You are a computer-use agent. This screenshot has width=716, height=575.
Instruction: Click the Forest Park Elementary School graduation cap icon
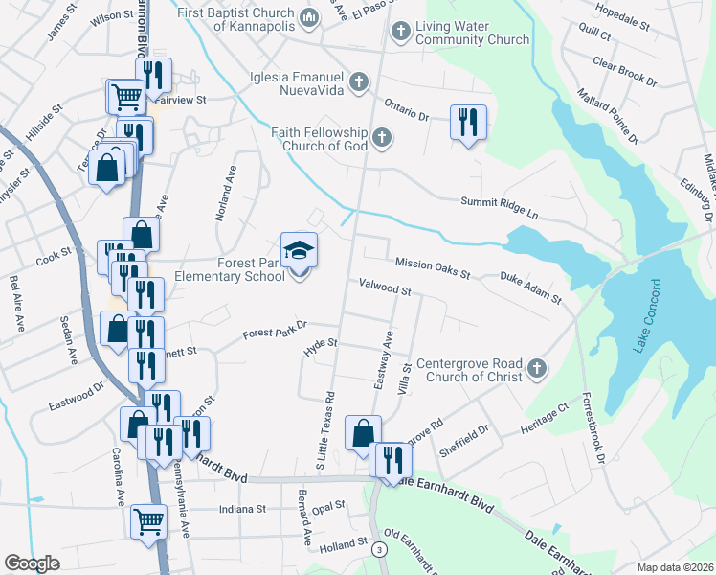point(299,251)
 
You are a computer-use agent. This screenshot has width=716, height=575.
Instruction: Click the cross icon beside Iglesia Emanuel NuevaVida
point(360,80)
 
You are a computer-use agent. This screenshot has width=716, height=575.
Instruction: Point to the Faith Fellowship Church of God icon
point(382,138)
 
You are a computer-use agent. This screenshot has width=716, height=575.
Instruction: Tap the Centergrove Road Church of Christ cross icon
point(538,368)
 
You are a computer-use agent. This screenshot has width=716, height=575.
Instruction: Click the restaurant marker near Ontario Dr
point(468,122)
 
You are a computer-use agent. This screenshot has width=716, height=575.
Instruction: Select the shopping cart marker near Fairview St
point(125,96)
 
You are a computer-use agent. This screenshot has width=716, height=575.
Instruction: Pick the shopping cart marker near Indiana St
point(148,521)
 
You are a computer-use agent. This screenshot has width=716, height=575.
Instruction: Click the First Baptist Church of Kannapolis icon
point(309,17)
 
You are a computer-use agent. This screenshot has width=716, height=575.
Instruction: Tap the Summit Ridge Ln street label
point(499,202)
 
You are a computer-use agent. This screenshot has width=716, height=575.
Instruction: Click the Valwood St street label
point(385,287)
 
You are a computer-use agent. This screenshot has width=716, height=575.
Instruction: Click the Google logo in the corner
point(32,563)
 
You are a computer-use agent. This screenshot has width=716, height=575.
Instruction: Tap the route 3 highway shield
point(380,549)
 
